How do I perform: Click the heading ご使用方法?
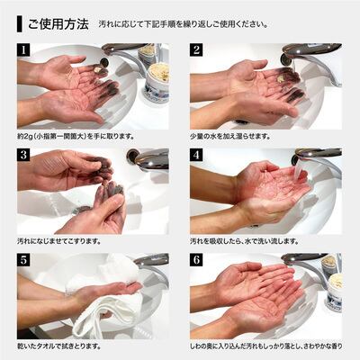(x=58, y=24)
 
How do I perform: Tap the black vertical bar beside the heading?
(x=20, y=24)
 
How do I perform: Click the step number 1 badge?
(x=23, y=49)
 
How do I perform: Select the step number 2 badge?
(x=196, y=49)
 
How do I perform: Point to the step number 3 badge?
(x=23, y=155)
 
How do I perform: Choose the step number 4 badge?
(x=196, y=155)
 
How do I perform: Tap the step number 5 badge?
(x=23, y=260)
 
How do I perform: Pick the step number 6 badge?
(x=196, y=260)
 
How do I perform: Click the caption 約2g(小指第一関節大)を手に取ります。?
(x=76, y=137)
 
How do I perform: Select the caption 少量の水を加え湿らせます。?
(x=230, y=137)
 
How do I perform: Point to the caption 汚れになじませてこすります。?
(x=58, y=241)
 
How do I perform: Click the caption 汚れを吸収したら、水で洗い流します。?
(x=244, y=241)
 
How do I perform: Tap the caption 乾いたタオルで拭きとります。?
(x=58, y=346)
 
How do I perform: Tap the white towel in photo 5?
(x=105, y=297)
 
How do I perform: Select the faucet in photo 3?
(x=148, y=158)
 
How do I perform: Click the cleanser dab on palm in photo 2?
(x=281, y=78)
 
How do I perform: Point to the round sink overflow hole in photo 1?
(x=104, y=63)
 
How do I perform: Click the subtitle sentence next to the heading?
(x=183, y=24)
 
